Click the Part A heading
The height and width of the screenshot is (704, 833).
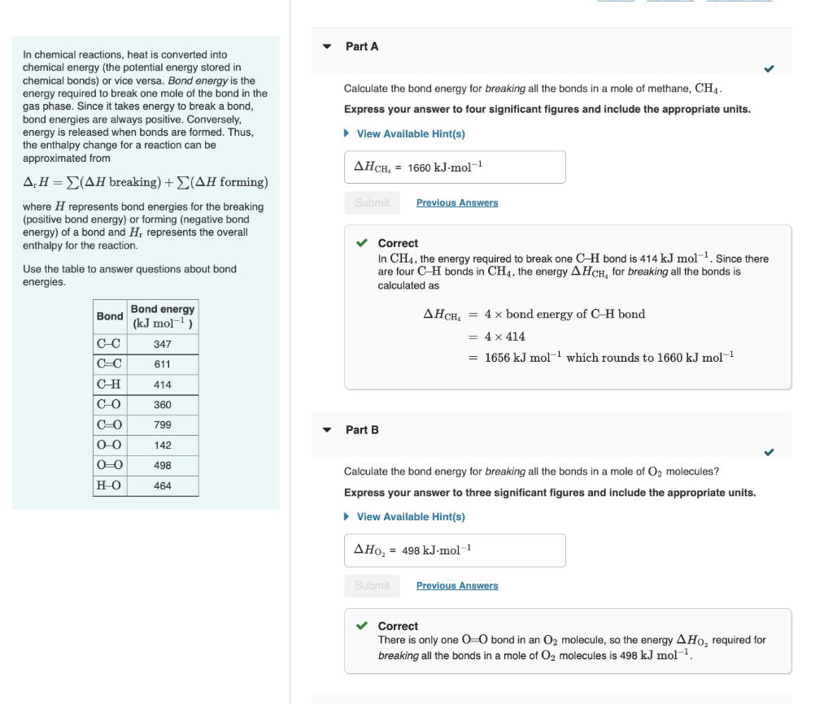click(362, 46)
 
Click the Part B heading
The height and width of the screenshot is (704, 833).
click(362, 429)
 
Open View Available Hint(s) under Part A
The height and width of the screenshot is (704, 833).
click(410, 133)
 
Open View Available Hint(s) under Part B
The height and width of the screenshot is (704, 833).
click(410, 516)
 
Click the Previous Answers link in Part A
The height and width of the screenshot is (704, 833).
click(457, 202)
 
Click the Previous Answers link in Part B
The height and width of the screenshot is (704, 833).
click(457, 585)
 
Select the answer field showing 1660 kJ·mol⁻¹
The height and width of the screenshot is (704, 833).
click(455, 167)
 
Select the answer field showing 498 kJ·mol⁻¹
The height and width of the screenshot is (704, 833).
click(455, 550)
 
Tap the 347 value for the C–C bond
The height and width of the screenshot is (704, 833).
click(163, 344)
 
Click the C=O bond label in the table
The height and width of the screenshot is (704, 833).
click(110, 424)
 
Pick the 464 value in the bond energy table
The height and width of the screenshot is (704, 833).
click(163, 485)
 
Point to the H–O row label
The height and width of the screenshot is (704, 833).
click(110, 485)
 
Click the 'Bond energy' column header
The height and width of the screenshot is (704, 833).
click(163, 315)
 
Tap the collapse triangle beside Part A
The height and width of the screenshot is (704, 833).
click(327, 46)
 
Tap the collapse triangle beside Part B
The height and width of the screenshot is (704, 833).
click(327, 429)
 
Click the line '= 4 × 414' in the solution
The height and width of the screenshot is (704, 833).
click(497, 336)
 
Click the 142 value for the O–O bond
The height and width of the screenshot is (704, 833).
click(163, 445)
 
